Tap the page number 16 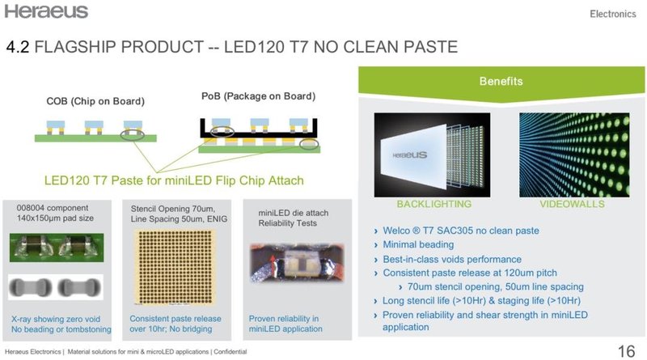pyautogui.click(x=625, y=351)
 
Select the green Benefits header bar pyautogui.click(x=499, y=82)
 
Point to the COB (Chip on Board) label pyautogui.click(x=95, y=102)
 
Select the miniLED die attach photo pyautogui.click(x=295, y=273)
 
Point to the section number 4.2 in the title pyautogui.click(x=18, y=48)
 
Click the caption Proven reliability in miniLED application pyautogui.click(x=286, y=323)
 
